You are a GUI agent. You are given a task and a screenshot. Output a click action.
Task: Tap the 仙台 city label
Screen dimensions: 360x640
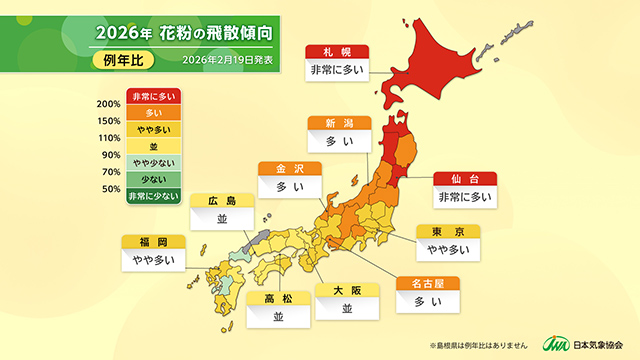pyautogui.click(x=465, y=178)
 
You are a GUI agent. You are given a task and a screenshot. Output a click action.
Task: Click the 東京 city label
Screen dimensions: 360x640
pyautogui.click(x=448, y=231)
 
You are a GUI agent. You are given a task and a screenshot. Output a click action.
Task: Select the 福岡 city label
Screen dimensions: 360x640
pyautogui.click(x=152, y=242)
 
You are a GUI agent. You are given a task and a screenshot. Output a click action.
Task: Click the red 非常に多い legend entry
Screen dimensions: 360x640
pyautogui.click(x=153, y=96)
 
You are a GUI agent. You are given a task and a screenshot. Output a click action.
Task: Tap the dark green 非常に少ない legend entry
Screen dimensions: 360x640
pyautogui.click(x=153, y=197)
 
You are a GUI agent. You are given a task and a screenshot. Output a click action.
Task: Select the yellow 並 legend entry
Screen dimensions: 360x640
pyautogui.click(x=153, y=147)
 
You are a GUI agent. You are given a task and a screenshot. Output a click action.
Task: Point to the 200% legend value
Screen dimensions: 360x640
pyautogui.click(x=109, y=104)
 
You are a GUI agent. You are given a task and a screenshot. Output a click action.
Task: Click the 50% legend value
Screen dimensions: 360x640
pyautogui.click(x=111, y=189)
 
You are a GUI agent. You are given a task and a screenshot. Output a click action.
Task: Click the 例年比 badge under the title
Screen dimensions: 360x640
pyautogui.click(x=125, y=60)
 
